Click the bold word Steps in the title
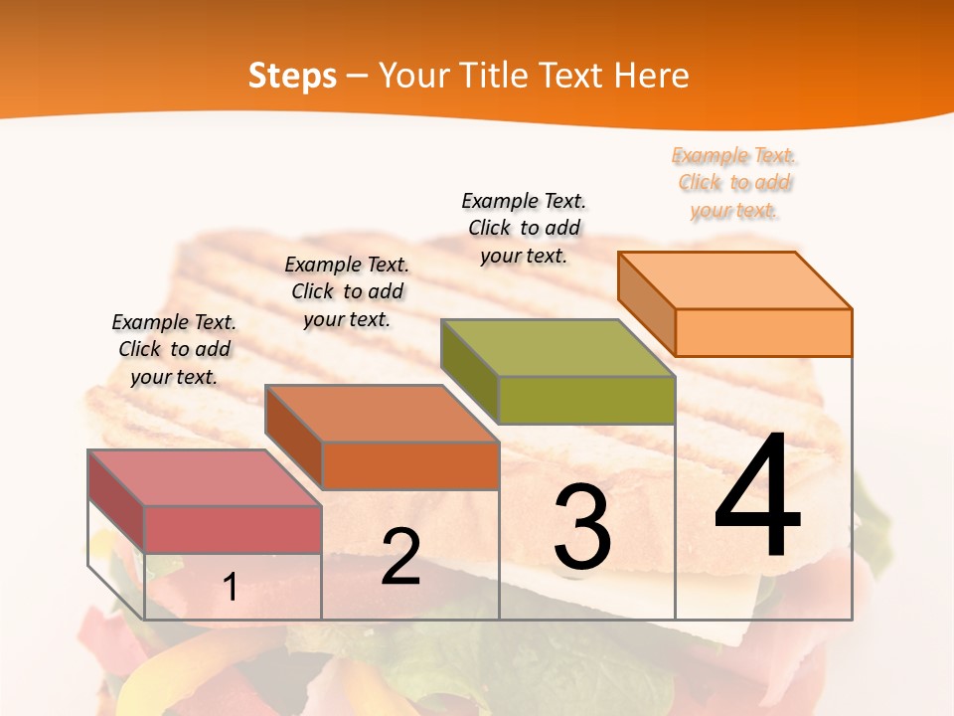pos(292,76)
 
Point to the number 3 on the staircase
pos(582,528)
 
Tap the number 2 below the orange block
pos(400,557)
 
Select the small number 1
pos(230,588)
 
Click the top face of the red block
pos(205,477)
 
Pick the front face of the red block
pos(233,529)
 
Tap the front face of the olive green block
pos(586,400)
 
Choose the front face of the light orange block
pos(763,332)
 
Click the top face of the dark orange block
pos(382,414)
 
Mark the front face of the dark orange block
pos(409,465)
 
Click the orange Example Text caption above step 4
pos(733,182)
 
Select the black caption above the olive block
pos(524,228)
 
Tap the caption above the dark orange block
pos(347,291)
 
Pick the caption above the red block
pos(174,349)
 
